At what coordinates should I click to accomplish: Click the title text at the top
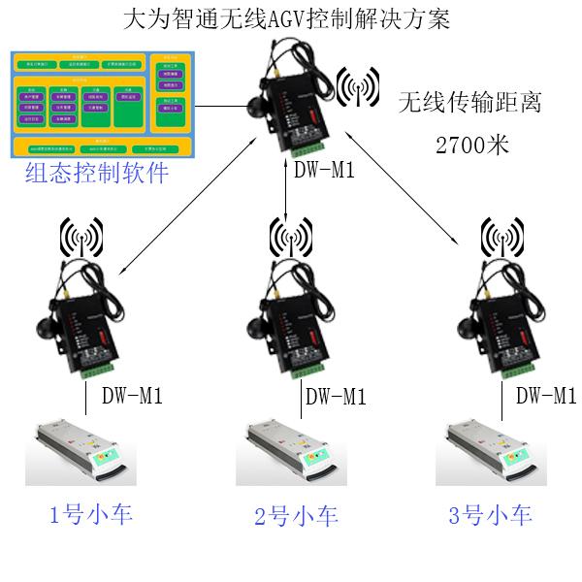(x=290, y=19)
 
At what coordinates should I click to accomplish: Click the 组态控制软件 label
(x=97, y=175)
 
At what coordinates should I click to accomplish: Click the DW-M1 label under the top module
(x=324, y=171)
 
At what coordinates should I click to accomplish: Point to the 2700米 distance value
(x=472, y=146)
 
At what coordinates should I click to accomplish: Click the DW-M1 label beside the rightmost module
(x=546, y=395)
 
